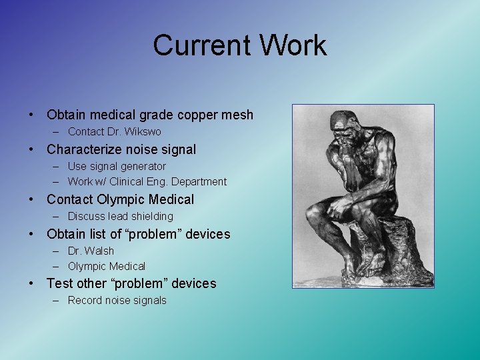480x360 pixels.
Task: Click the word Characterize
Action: click(85, 149)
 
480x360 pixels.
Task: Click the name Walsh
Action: click(100, 251)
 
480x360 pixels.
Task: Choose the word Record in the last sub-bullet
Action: click(84, 301)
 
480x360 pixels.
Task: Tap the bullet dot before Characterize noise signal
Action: click(32, 149)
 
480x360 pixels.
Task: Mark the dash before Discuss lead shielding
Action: click(59, 217)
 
